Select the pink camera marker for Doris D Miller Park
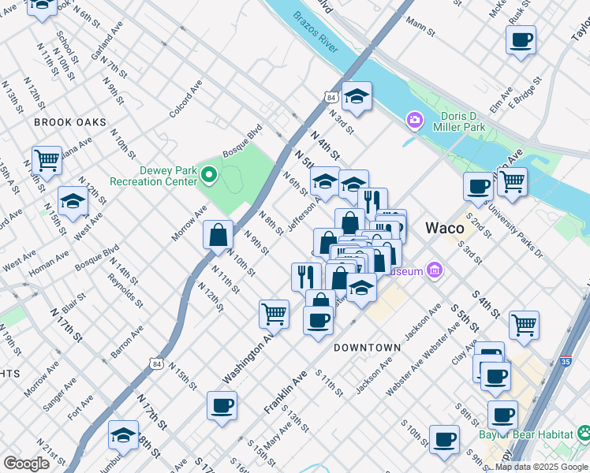pyautogui.click(x=413, y=120)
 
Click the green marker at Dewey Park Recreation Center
pyautogui.click(x=208, y=173)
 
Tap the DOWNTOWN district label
pyautogui.click(x=367, y=348)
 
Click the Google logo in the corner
pyautogui.click(x=26, y=463)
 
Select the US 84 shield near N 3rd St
pyautogui.click(x=330, y=97)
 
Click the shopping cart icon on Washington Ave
pyautogui.click(x=274, y=312)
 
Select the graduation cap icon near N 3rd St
pyautogui.click(x=357, y=96)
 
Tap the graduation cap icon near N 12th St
pyautogui.click(x=73, y=200)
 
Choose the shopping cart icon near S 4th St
pyautogui.click(x=524, y=323)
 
